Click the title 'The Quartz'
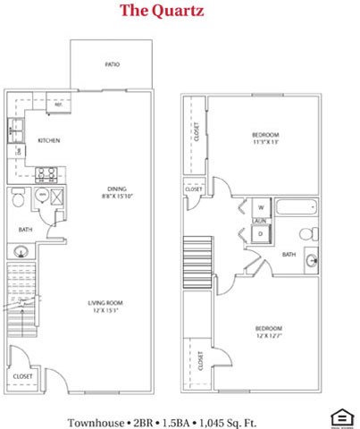coord(162,12)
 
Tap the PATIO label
coord(112,65)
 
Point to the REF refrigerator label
coord(57,104)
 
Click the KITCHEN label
coord(48,141)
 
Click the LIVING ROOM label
coord(105,303)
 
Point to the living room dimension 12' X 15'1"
coord(105,312)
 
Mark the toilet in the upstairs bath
coord(307,235)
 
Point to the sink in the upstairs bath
coord(310,261)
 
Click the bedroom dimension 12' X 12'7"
coord(265,336)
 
